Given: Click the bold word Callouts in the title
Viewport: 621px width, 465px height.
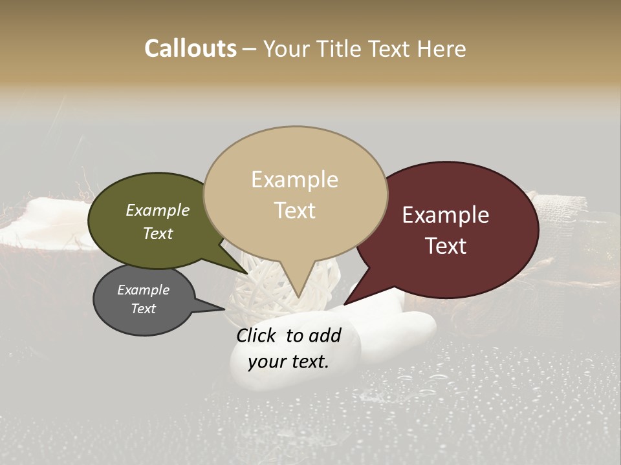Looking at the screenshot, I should pos(190,48).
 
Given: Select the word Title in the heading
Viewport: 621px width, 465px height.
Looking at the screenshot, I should pos(340,48).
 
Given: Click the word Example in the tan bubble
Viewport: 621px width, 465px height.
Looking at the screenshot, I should pos(294,180).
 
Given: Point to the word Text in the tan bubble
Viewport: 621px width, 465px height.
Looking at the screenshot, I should pos(294,211).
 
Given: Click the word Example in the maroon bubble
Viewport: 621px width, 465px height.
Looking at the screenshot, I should pos(446,215).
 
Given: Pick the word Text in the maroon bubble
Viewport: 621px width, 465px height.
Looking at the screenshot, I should pos(446,246).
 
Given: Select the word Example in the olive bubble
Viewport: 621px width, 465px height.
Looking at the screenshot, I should pos(158,211).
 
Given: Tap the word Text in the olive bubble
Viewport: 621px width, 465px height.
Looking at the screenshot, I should pos(158,233).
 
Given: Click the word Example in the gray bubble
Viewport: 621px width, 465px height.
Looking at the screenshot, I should pos(144,290).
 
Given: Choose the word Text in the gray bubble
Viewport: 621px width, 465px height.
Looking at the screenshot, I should pos(144,309).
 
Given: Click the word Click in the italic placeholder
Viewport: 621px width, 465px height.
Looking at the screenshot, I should pos(258,335).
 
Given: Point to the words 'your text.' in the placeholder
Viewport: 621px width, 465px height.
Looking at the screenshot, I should pos(289,362).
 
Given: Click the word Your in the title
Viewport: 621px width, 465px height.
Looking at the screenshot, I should pos(286,48).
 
